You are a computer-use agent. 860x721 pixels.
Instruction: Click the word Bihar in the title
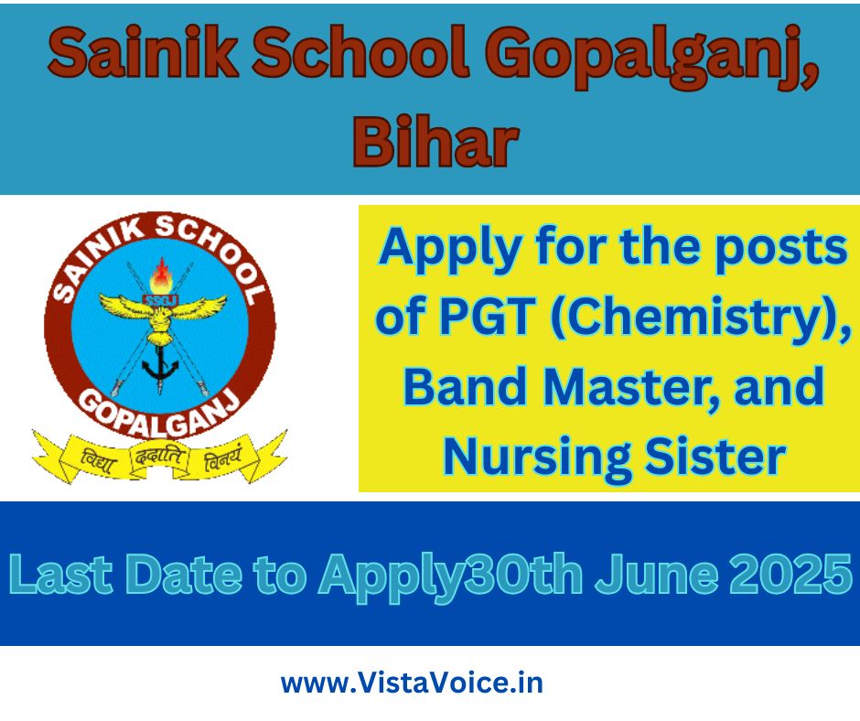point(435,141)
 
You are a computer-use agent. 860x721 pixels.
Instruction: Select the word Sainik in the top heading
point(144,53)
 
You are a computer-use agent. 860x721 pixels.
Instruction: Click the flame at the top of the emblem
point(162,276)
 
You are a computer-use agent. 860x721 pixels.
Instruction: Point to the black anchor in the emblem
point(161,365)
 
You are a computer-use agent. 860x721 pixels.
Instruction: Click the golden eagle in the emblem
point(162,316)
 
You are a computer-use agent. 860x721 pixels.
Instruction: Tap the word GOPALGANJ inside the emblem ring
point(160,414)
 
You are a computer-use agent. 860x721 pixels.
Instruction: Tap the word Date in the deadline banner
point(184,575)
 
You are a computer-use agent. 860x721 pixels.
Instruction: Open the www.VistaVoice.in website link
point(412,683)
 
